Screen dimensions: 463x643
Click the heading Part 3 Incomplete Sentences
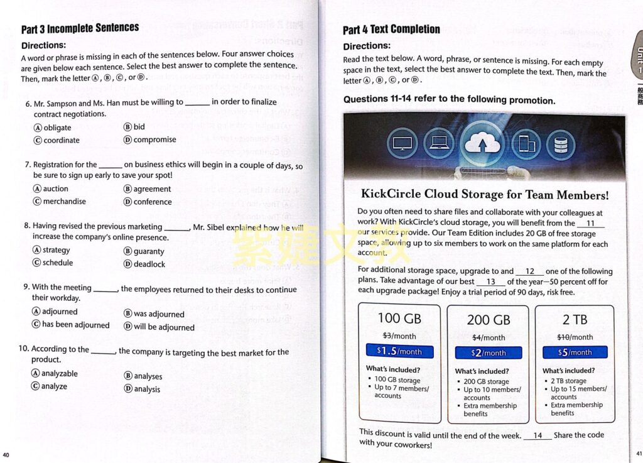pyautogui.click(x=80, y=29)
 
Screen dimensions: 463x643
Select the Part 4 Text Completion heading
pyautogui.click(x=391, y=30)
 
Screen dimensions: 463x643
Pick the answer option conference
pyautogui.click(x=152, y=202)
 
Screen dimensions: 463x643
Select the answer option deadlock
pyautogui.click(x=149, y=264)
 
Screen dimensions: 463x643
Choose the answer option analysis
pyautogui.click(x=146, y=389)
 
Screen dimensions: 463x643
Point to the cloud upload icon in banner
pyautogui.click(x=482, y=144)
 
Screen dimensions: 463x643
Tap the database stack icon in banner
pyautogui.click(x=560, y=144)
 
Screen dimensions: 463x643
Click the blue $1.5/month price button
pyautogui.click(x=399, y=351)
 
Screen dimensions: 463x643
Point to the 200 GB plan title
pyautogui.click(x=489, y=320)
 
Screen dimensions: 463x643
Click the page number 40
pyautogui.click(x=6, y=455)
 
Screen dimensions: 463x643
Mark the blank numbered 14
pyautogui.click(x=537, y=435)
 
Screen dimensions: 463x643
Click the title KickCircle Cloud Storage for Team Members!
pyautogui.click(x=485, y=195)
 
